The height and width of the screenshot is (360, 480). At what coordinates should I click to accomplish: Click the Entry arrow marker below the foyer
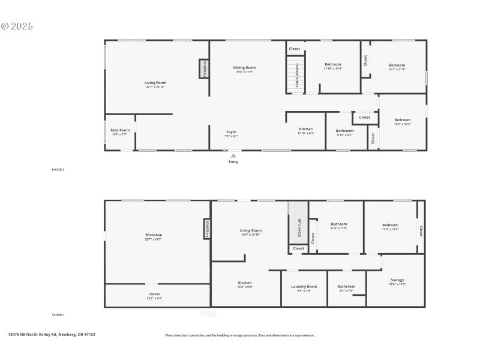pyautogui.click(x=233, y=155)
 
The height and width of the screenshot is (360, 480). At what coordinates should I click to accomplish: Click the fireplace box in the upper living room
pyautogui.click(x=204, y=68)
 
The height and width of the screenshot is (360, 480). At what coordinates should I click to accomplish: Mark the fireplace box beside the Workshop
pyautogui.click(x=207, y=229)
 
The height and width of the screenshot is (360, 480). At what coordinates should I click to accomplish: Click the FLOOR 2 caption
pyautogui.click(x=58, y=170)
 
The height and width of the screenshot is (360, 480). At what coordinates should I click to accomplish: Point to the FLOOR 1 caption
pyautogui.click(x=58, y=314)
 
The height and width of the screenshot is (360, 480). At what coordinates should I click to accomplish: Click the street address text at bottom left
pyautogui.click(x=52, y=335)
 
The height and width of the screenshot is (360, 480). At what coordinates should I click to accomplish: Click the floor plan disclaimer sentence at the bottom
pyautogui.click(x=239, y=335)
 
